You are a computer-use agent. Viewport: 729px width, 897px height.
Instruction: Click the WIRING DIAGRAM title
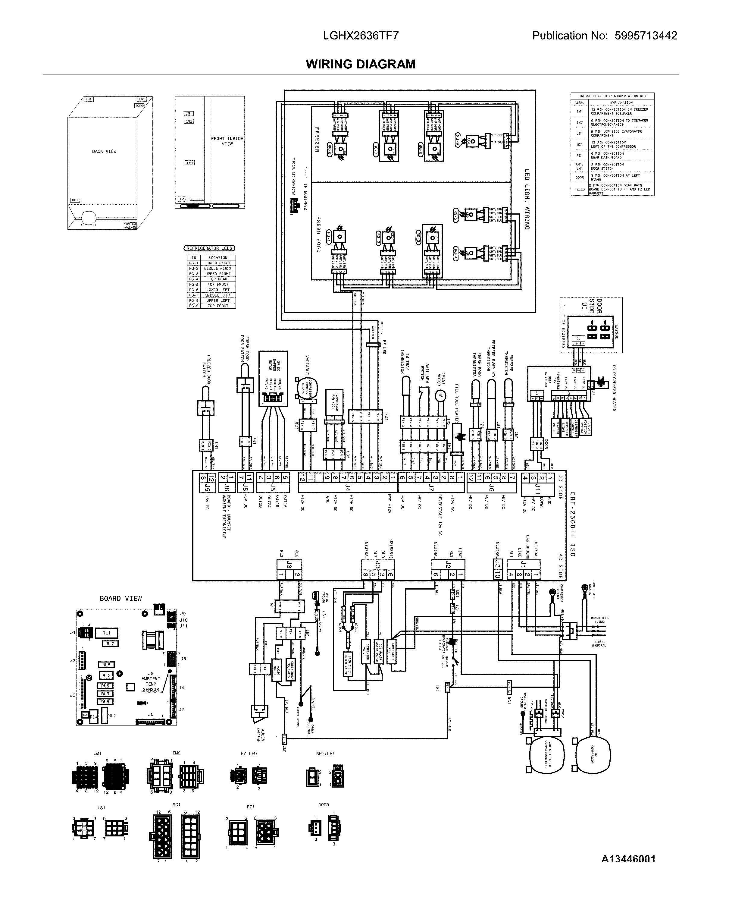point(360,64)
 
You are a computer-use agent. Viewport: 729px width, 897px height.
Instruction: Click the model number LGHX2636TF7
point(360,36)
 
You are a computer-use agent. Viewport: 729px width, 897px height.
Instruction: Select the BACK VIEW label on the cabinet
point(104,151)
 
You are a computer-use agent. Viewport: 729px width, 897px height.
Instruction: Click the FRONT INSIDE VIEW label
point(227,141)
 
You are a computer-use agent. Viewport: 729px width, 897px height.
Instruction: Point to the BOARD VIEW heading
point(120,598)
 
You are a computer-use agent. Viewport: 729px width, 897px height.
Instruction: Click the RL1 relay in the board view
point(106,633)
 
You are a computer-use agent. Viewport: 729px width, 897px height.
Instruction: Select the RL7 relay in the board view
point(112,716)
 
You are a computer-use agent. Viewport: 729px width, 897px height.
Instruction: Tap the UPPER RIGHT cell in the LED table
point(217,273)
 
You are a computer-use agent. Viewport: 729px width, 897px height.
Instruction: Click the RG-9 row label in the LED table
point(194,306)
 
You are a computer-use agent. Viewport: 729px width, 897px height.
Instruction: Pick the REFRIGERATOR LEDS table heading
point(209,248)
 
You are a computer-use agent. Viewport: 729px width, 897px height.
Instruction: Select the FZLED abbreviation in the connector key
point(580,189)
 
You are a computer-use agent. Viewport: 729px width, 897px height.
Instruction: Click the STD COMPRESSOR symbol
point(593,755)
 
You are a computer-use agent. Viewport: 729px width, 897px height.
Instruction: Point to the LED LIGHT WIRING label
point(527,200)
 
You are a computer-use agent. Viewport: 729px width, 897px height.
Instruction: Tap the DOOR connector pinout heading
point(323,804)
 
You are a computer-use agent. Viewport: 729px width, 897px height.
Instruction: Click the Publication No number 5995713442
point(646,36)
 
